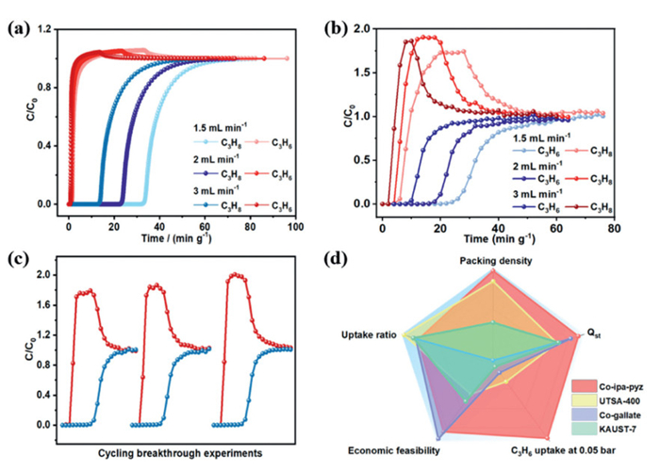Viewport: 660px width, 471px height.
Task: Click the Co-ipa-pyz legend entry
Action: [x=609, y=386]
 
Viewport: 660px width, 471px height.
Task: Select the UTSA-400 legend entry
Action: [x=605, y=400]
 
